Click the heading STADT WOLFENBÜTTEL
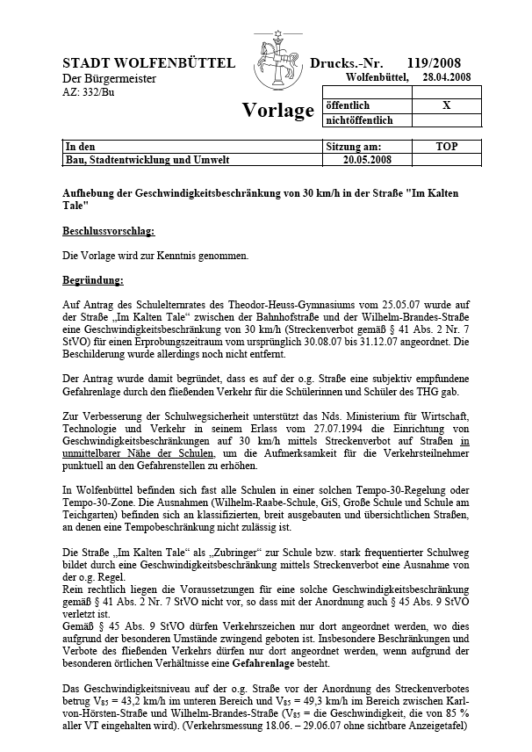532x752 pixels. click(x=148, y=63)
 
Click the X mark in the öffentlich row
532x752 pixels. click(x=447, y=105)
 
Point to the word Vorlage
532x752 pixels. click(x=277, y=111)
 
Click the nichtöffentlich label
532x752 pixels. click(x=360, y=120)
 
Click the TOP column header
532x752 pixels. click(x=447, y=146)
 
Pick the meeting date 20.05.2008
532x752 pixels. click(x=369, y=160)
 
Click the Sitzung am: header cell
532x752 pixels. click(x=353, y=146)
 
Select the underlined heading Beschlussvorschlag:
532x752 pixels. click(x=108, y=231)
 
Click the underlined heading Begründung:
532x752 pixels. click(x=93, y=281)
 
